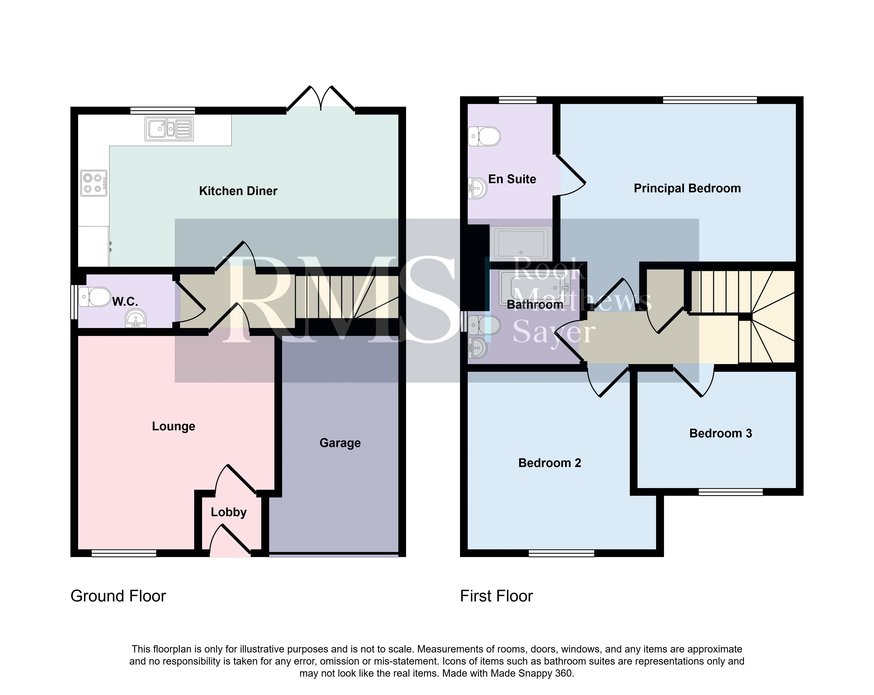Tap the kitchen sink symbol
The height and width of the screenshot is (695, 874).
(x=169, y=129)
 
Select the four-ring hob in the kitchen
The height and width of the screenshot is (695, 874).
(x=94, y=183)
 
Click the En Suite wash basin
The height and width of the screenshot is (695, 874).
(x=477, y=188)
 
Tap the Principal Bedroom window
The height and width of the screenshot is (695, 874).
(x=710, y=100)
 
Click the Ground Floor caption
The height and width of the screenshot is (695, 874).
(x=118, y=596)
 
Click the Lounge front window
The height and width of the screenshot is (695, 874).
(x=124, y=553)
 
